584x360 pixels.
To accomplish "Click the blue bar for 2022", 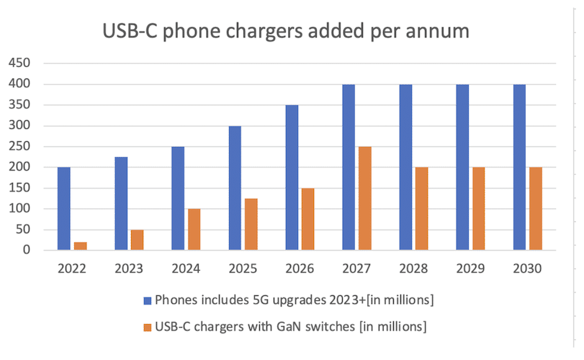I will pos(64,209).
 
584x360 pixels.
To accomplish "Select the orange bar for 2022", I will pos(80,246).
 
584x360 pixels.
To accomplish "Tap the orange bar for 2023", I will pos(137,240).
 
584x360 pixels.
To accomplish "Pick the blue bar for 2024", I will pos(178,199).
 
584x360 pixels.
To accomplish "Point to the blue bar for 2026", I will pos(292,178).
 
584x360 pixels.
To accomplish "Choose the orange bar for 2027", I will pos(364,199).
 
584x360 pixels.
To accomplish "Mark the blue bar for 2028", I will pos(405,168).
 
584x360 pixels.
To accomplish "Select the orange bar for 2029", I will pos(479,209).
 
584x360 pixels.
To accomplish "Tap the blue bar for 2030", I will pos(519,168).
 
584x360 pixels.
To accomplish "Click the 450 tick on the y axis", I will pos(19,63).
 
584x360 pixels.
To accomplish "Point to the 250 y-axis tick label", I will pos(19,146).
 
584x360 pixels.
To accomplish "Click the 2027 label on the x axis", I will pos(357,269).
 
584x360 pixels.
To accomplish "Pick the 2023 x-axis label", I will pos(130,269).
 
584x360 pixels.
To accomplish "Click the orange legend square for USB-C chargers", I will pos(148,327).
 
